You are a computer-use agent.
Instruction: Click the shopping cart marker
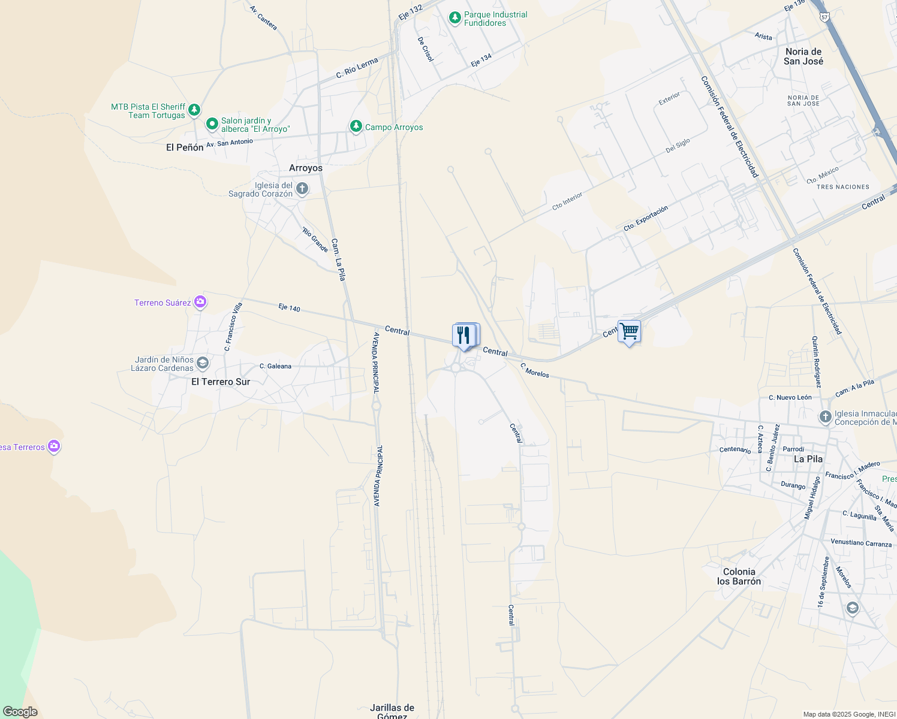629,331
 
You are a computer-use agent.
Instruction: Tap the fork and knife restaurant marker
465,336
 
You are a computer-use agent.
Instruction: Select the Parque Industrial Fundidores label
495,19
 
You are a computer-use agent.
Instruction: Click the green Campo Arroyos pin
356,126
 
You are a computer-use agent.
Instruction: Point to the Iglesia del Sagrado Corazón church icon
302,189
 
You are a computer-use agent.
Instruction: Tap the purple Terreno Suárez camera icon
200,302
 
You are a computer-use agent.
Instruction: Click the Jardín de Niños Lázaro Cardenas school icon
203,363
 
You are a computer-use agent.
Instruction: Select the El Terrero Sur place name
221,382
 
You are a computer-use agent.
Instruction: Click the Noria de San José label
803,56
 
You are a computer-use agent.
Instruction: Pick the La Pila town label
808,459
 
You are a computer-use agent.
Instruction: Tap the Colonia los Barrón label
739,576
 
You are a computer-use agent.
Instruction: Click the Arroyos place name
306,168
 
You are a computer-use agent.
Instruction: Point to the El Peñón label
185,147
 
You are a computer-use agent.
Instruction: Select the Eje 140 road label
289,308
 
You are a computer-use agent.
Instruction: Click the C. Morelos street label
534,370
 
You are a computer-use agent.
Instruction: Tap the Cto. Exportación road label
645,219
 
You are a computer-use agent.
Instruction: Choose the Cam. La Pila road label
338,259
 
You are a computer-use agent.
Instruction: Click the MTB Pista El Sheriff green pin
194,110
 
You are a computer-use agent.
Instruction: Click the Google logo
20,712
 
